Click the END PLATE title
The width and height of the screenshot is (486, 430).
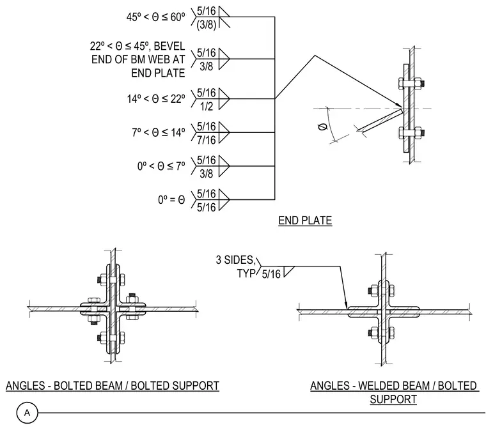(x=305, y=220)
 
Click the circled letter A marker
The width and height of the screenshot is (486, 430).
(x=27, y=413)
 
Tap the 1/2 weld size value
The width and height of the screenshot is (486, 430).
(x=206, y=106)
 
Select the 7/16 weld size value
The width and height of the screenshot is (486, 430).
(x=207, y=140)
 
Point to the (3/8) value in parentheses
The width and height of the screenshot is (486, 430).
(x=206, y=25)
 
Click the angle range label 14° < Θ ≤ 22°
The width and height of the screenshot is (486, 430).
(x=156, y=99)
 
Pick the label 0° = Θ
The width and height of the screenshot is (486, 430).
(x=171, y=200)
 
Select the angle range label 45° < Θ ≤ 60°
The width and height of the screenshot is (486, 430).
(x=155, y=17)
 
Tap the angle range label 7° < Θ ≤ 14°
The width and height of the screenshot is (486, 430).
(x=159, y=132)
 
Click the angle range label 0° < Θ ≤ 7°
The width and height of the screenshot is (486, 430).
(x=161, y=166)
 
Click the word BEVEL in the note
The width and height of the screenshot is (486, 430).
(x=169, y=46)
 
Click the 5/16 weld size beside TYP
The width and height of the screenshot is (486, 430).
(x=271, y=274)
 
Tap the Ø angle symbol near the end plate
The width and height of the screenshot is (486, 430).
(x=323, y=127)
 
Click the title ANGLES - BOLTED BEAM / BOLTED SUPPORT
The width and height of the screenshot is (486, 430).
(x=113, y=386)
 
